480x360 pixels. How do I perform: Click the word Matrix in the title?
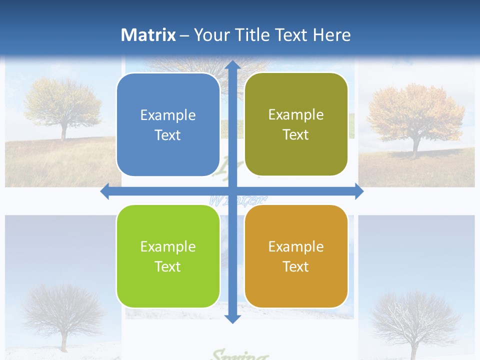click(x=148, y=35)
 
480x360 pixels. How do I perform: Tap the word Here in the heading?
click(x=331, y=35)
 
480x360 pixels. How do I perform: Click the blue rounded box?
click(x=168, y=125)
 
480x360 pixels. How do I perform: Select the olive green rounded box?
click(x=296, y=124)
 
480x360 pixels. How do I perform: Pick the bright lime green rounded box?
click(x=168, y=256)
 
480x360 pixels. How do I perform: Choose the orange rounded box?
click(x=296, y=256)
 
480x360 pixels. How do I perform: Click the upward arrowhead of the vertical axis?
click(x=232, y=65)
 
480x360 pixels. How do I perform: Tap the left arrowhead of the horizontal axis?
click(x=105, y=191)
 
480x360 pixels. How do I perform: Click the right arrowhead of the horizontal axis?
click(x=358, y=191)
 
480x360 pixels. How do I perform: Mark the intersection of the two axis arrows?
click(x=232, y=191)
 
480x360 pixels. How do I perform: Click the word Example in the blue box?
click(x=168, y=115)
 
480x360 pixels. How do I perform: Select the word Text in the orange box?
click(x=296, y=267)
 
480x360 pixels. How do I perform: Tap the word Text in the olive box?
click(x=296, y=135)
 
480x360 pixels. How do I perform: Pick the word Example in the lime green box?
click(x=168, y=246)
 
